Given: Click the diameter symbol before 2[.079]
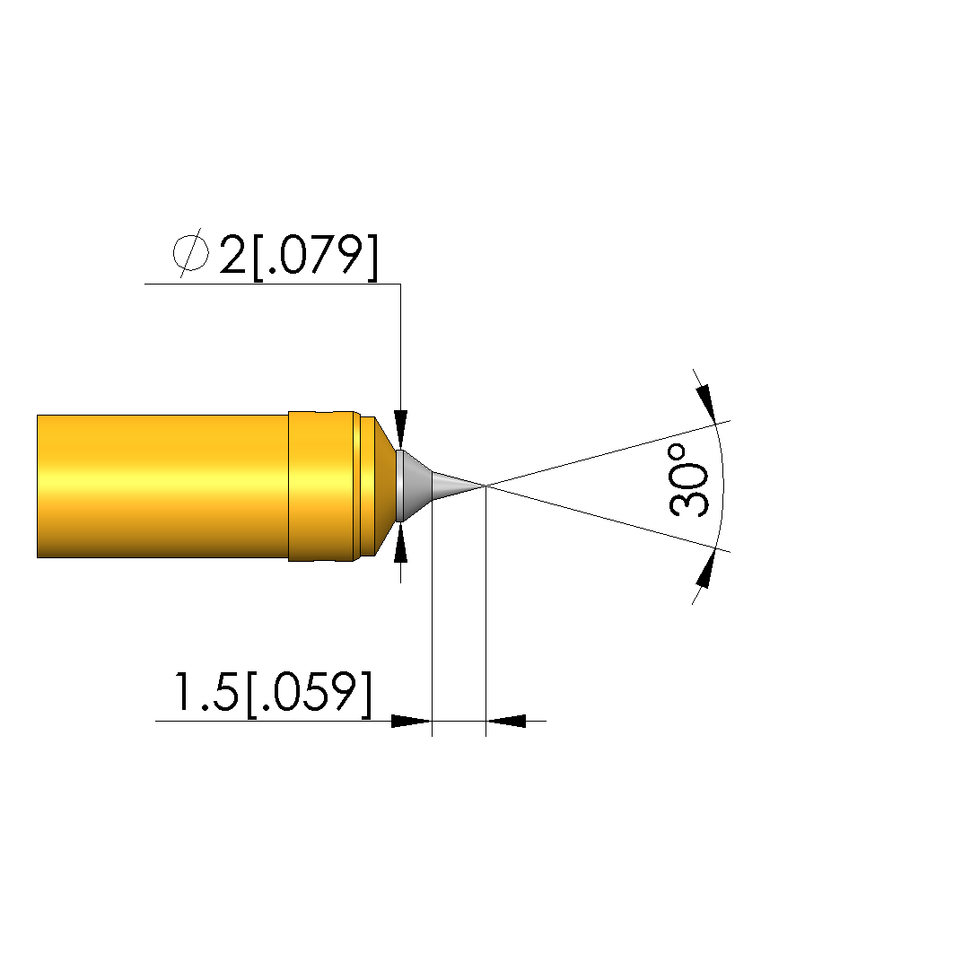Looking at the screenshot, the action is (190, 253).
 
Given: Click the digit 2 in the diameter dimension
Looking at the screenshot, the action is (232, 254).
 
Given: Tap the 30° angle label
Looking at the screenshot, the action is (689, 479).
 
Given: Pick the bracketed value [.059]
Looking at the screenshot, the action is (310, 694).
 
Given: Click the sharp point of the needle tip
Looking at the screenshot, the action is (485, 486).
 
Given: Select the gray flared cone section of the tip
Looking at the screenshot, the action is (414, 486).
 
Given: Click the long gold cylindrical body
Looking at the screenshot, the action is (162, 486).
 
